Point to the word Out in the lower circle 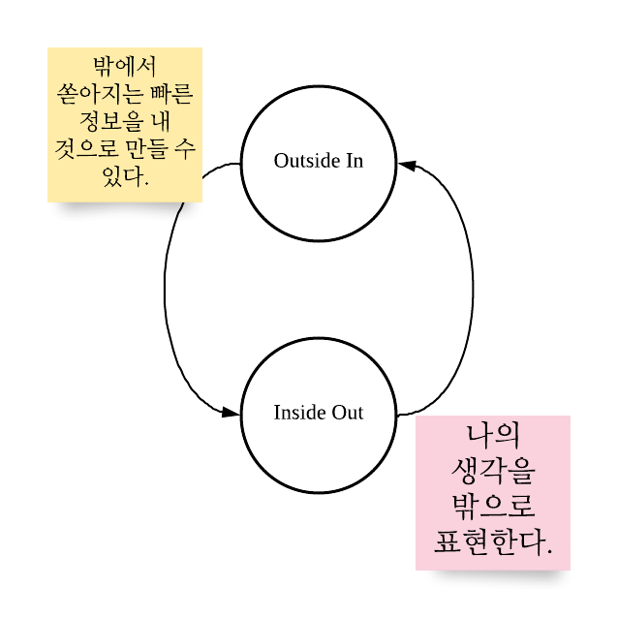coord(348,413)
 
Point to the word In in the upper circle coord(355,161)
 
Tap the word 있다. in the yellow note coord(125,178)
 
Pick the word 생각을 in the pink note coord(493,470)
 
